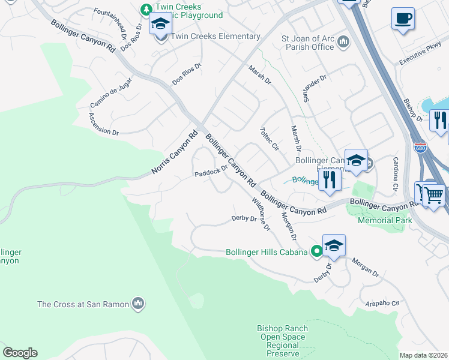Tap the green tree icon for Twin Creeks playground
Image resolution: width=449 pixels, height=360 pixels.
pos(145,9)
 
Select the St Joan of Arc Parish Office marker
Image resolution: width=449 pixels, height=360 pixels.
pos(343,41)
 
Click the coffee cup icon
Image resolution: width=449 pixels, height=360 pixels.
pos(403,18)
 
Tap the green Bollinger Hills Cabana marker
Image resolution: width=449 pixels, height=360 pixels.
pos(316,252)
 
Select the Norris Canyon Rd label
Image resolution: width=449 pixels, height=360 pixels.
pos(175,154)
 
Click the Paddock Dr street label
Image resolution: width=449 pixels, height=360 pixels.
pos(211,171)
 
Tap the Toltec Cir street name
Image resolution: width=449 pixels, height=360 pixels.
pos(270,139)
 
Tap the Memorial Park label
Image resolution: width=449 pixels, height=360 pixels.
pos(384,220)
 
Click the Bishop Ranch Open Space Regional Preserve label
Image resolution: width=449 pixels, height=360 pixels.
pos(282,341)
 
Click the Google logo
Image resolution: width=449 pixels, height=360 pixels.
pos(19,353)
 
